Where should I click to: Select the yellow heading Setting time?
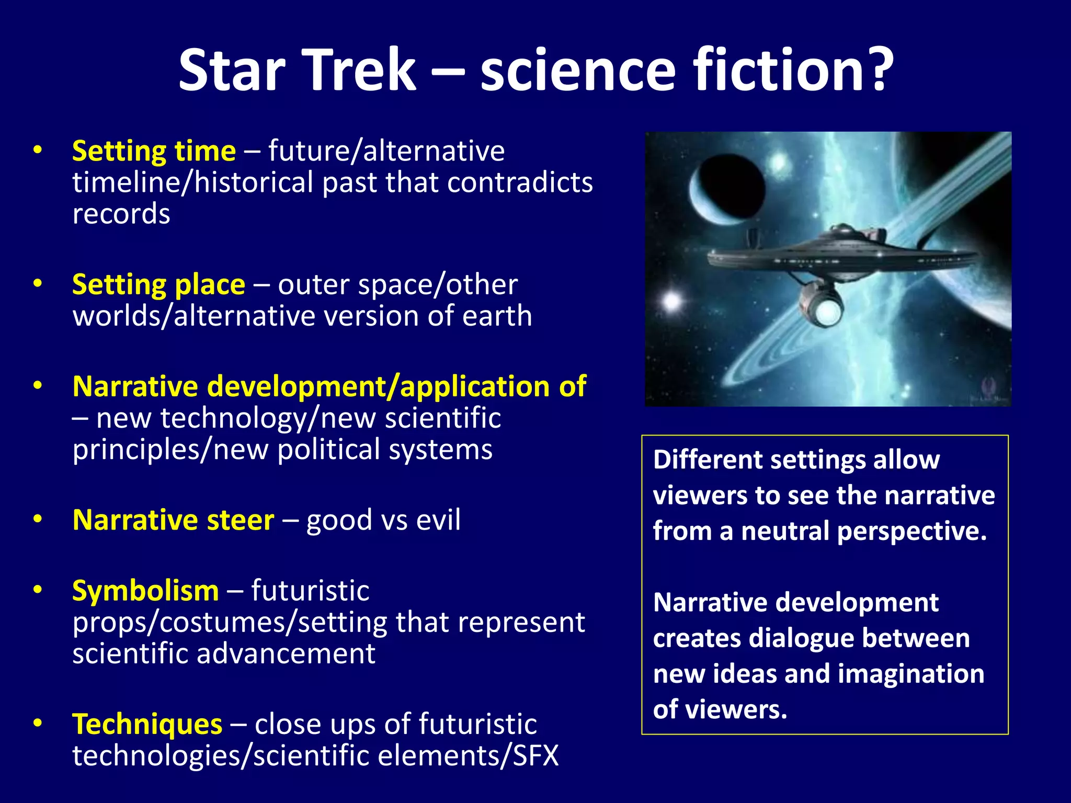tap(154, 152)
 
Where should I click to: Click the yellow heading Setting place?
tap(158, 285)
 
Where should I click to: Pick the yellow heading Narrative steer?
tap(173, 521)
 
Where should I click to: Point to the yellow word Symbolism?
tap(145, 591)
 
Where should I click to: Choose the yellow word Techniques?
tap(147, 725)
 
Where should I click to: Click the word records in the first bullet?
tap(121, 215)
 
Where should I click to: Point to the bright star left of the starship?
tap(671, 301)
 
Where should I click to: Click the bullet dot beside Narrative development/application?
tap(37, 386)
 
